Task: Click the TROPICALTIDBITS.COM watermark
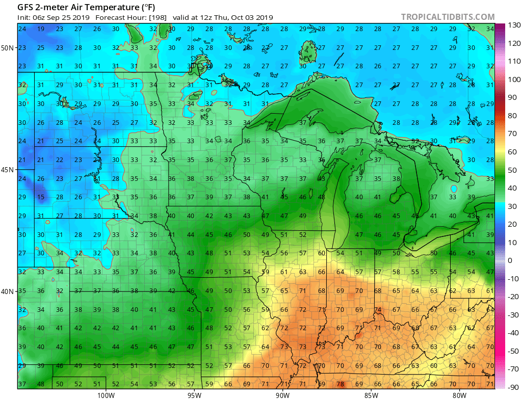(448, 17)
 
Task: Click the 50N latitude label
(8, 48)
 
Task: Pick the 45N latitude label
(8, 170)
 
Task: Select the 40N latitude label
(8, 291)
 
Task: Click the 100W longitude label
(106, 394)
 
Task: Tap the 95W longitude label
(194, 394)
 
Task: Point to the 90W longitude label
(282, 394)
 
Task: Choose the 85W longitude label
(371, 394)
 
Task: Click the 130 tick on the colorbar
(513, 25)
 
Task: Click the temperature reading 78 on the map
(340, 384)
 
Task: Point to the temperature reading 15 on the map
(41, 197)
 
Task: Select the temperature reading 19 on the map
(41, 29)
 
